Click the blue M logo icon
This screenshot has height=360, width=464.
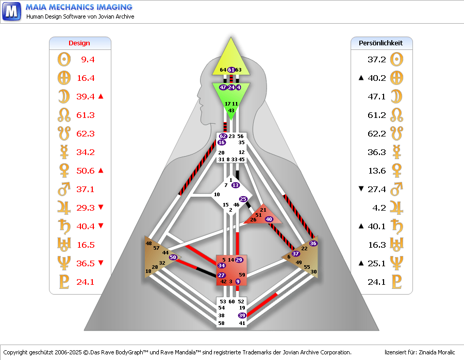[12, 11]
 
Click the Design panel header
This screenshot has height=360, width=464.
[79, 43]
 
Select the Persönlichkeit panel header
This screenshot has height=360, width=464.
[381, 43]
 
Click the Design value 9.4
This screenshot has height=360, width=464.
[88, 60]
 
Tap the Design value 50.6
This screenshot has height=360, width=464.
[85, 171]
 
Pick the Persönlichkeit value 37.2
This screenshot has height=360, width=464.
[376, 60]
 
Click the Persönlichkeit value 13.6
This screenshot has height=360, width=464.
[376, 171]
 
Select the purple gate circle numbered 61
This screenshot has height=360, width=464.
[231, 70]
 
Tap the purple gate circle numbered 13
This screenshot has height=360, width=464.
[236, 185]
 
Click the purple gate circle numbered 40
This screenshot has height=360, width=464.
[269, 219]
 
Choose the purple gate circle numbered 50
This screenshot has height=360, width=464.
[173, 256]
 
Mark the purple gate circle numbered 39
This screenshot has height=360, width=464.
[242, 315]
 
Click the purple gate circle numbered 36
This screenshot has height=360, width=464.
[313, 243]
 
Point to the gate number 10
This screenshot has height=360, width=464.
[217, 195]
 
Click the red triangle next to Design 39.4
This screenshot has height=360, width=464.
[101, 96]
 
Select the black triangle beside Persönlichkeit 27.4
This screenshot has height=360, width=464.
[361, 189]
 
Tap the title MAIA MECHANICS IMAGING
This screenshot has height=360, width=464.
[79, 7]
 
